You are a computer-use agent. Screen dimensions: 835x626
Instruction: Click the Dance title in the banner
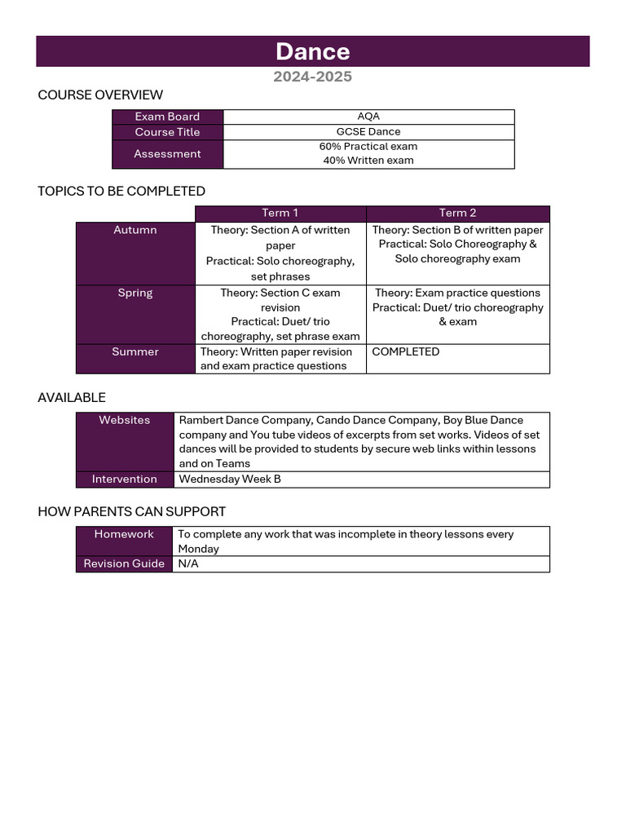point(312,51)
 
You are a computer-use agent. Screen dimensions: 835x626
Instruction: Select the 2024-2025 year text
point(312,77)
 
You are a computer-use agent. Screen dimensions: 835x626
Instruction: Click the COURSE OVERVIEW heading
point(100,95)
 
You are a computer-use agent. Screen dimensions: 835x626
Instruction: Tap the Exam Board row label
point(167,117)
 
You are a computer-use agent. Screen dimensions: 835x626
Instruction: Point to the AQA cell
point(368,117)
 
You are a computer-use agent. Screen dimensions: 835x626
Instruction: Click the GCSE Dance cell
point(368,131)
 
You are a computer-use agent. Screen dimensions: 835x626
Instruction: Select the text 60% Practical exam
point(368,147)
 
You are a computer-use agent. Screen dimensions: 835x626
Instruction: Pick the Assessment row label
point(167,154)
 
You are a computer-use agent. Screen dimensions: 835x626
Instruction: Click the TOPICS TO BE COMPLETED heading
point(121,191)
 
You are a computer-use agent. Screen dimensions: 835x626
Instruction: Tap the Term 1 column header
point(280,213)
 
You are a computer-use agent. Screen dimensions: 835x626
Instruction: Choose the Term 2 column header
point(457,213)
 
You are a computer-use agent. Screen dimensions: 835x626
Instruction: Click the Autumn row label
point(135,230)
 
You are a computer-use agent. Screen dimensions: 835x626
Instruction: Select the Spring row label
point(135,293)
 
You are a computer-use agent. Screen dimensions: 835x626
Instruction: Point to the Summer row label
point(135,351)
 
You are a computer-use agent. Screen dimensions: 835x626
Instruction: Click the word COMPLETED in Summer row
point(405,351)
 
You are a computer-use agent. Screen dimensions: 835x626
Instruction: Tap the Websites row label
point(125,420)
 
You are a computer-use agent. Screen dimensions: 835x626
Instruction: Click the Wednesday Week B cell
point(230,479)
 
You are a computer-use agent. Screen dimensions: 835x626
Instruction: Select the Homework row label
point(124,534)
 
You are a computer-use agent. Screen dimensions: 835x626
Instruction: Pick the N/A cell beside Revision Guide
point(188,563)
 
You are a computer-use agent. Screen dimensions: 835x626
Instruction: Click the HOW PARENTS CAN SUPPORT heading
point(132,511)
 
